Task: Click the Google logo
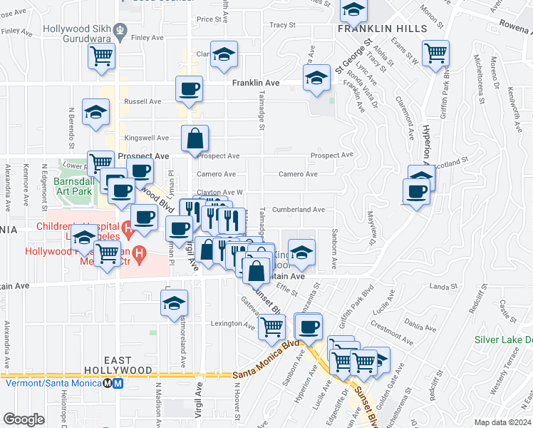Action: click(23, 419)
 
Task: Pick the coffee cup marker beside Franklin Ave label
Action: click(190, 88)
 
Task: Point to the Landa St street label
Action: click(443, 287)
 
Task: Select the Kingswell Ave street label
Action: click(146, 138)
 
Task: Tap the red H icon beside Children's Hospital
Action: click(128, 230)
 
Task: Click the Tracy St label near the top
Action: click(282, 24)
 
